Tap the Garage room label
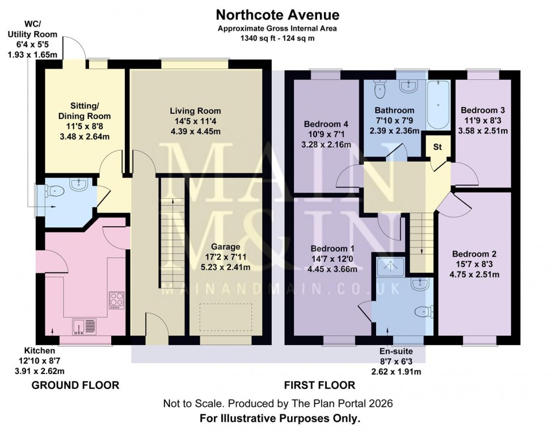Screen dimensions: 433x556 pyautogui.click(x=226, y=247)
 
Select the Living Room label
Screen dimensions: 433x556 pyautogui.click(x=197, y=111)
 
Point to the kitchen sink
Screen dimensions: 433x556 pyautogui.click(x=85, y=326)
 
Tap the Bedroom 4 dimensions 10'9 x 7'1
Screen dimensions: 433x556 pyautogui.click(x=326, y=134)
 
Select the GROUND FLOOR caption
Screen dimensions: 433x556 pyautogui.click(x=75, y=385)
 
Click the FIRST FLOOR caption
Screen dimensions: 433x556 pyautogui.click(x=319, y=385)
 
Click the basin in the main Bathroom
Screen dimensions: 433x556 pyautogui.click(x=408, y=87)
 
